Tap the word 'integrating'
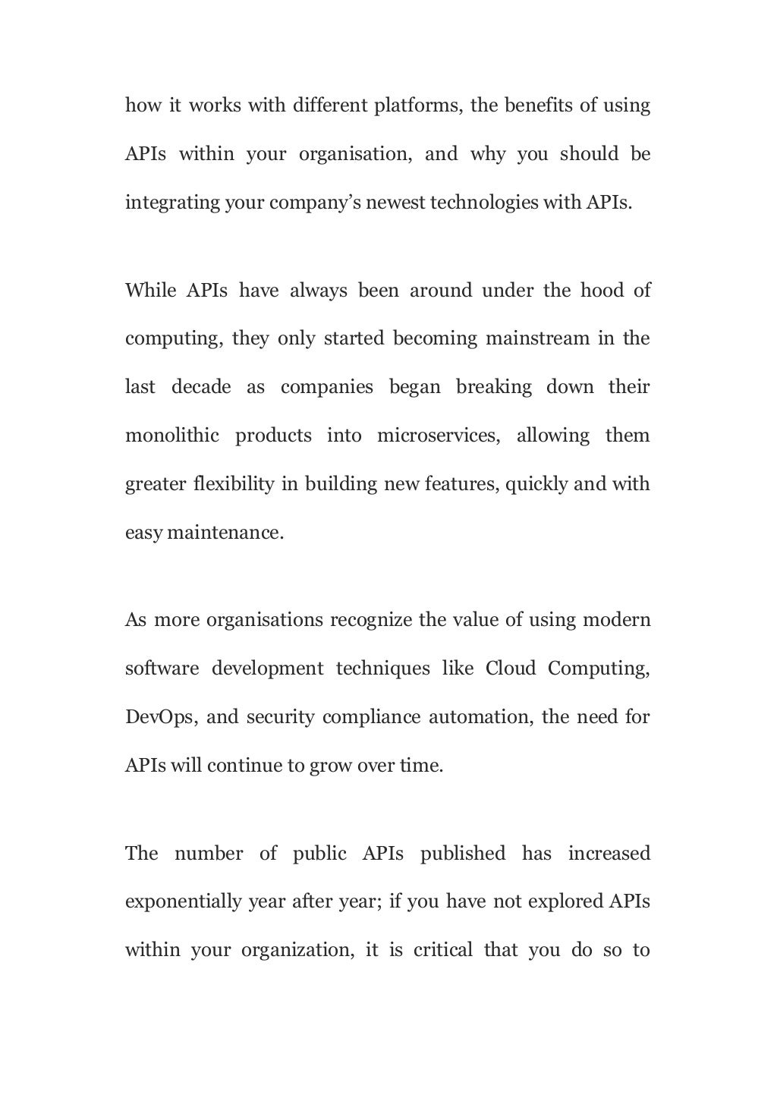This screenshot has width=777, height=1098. tap(171, 203)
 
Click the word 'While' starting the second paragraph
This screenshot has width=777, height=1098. tap(150, 291)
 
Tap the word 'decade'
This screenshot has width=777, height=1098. tap(201, 387)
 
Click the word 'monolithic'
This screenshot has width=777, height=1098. tap(172, 436)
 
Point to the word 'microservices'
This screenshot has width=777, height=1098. tap(439, 436)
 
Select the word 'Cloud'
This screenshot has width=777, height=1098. tap(511, 669)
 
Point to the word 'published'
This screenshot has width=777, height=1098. tap(463, 854)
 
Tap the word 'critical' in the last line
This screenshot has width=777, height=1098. tap(443, 951)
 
